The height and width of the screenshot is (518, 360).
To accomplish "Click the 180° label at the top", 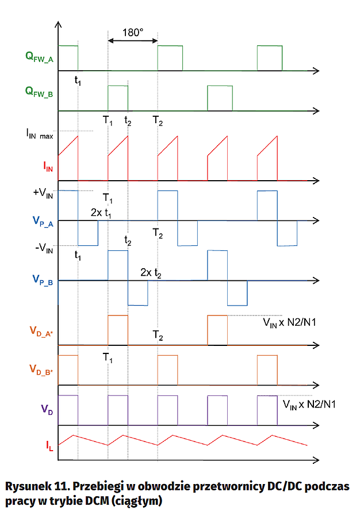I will click(133, 32).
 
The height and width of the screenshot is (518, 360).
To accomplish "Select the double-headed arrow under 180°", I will click(133, 40).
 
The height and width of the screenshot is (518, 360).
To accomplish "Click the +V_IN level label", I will click(44, 193).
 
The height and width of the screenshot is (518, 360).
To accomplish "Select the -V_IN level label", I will click(44, 249).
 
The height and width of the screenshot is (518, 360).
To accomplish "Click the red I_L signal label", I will click(50, 444).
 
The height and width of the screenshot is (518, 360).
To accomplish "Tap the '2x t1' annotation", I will click(102, 212).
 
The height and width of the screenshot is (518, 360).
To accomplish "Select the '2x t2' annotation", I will click(151, 273).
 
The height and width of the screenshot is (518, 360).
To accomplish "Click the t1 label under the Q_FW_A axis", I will click(78, 81).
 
